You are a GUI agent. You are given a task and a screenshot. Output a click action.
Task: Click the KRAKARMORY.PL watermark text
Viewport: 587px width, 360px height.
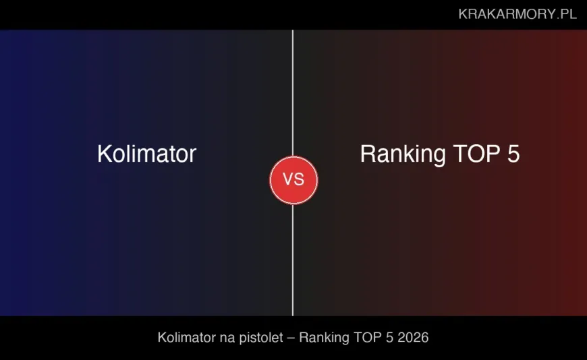click(518, 14)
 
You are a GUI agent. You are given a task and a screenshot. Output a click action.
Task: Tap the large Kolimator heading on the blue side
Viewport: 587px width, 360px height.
click(146, 154)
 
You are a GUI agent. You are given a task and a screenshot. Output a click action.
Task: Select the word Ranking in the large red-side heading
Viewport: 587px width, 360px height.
click(403, 154)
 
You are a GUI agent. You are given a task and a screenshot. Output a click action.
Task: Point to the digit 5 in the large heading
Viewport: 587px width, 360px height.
click(513, 154)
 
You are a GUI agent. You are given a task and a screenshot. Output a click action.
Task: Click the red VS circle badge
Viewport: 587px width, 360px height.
click(293, 180)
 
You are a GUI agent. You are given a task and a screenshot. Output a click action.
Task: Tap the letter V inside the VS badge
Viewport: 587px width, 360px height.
click(287, 180)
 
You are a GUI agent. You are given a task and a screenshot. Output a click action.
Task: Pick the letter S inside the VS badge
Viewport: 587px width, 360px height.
click(299, 180)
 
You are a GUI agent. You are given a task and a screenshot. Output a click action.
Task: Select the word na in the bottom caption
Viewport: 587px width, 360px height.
click(227, 337)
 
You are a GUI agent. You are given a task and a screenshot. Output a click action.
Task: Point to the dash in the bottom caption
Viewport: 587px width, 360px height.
click(291, 337)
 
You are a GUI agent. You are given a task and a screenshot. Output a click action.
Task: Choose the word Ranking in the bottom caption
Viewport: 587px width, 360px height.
click(324, 337)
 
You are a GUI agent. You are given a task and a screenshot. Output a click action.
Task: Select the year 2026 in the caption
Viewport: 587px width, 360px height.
click(413, 337)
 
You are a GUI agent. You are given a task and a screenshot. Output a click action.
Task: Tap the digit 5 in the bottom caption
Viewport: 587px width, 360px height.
click(387, 337)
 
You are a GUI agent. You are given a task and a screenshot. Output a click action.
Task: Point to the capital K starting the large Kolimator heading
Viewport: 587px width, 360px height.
click(104, 154)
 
